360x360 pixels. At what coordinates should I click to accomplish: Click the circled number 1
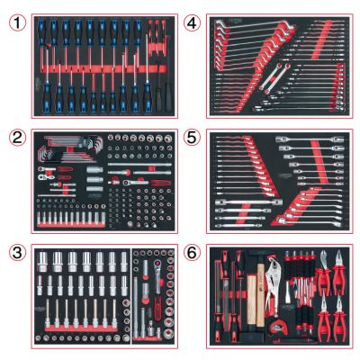pyautogui.click(x=17, y=22)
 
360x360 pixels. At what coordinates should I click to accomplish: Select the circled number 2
pyautogui.click(x=17, y=138)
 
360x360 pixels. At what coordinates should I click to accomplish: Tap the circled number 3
pyautogui.click(x=17, y=253)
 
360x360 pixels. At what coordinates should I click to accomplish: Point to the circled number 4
pyautogui.click(x=193, y=22)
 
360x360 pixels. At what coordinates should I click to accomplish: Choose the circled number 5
pyautogui.click(x=193, y=138)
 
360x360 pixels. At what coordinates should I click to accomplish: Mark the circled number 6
pyautogui.click(x=193, y=253)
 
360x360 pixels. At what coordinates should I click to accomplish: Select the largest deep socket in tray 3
pyautogui.click(x=43, y=262)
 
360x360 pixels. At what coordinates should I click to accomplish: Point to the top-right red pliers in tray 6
pyautogui.click(x=339, y=273)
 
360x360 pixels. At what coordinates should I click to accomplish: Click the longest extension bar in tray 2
pyautogui.click(x=139, y=165)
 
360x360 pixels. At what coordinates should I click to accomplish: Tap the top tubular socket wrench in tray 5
pyautogui.click(x=310, y=139)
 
